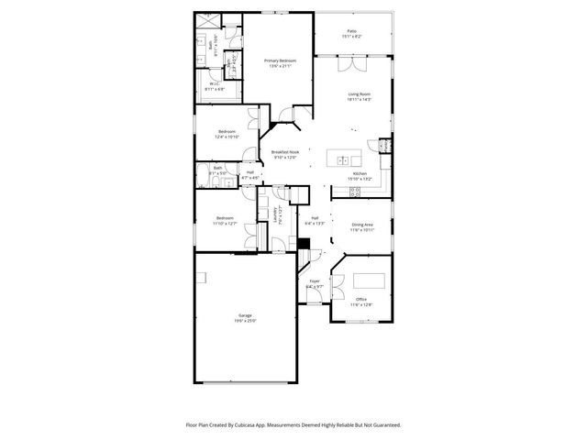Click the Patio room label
[353, 31]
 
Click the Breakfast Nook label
[285, 152]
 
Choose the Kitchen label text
[360, 173]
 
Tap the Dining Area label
[362, 225]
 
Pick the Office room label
[361, 300]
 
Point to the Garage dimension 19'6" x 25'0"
[245, 321]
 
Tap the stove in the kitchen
[385, 147]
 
